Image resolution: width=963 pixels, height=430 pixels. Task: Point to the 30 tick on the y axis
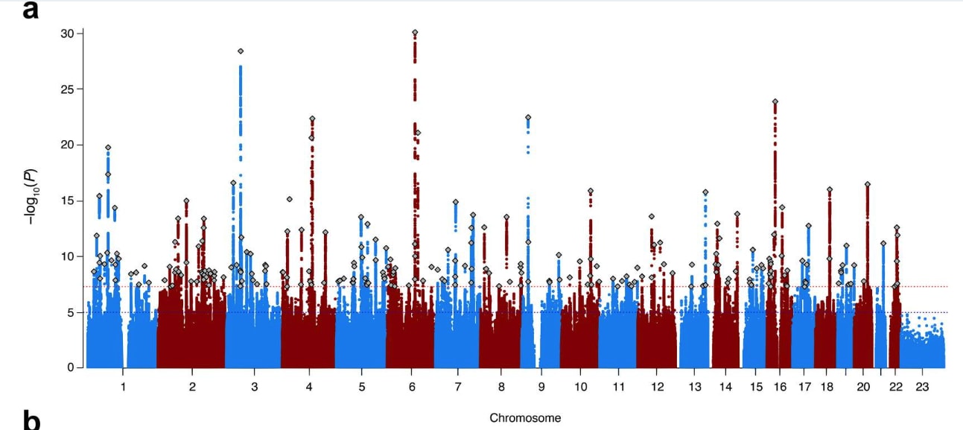point(68,34)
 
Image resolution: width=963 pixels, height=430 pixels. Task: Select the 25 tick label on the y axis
point(68,89)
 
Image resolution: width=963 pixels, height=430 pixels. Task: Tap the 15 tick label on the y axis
point(68,200)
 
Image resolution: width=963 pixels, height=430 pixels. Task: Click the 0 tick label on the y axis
point(71,367)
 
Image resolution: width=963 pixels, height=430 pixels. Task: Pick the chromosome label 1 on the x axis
point(123,388)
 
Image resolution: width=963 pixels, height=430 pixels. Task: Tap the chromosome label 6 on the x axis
point(412,388)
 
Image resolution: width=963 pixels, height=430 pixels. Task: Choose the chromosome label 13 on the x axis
point(695,388)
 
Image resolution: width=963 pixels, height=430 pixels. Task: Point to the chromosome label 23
point(922,388)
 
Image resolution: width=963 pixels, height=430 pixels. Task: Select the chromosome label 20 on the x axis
point(863,388)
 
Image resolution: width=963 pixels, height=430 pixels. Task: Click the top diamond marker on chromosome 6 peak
point(415,33)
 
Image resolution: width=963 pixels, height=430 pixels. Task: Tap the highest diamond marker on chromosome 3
point(241,51)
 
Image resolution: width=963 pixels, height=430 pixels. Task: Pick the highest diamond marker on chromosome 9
point(528,118)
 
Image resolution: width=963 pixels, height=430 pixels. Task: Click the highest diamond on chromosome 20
point(868,184)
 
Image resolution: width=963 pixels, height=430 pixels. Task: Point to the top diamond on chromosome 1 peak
point(108,148)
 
